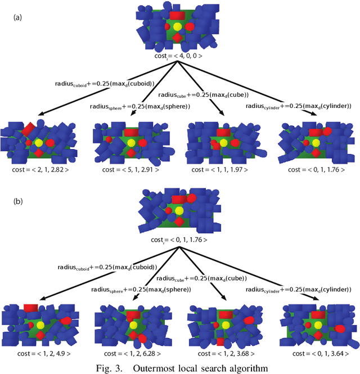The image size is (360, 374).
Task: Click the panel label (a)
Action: (x=17, y=17)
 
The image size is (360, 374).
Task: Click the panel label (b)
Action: (x=17, y=200)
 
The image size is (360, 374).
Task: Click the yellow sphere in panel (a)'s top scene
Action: (x=177, y=27)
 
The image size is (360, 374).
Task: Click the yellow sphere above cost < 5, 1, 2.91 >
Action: (x=130, y=143)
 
